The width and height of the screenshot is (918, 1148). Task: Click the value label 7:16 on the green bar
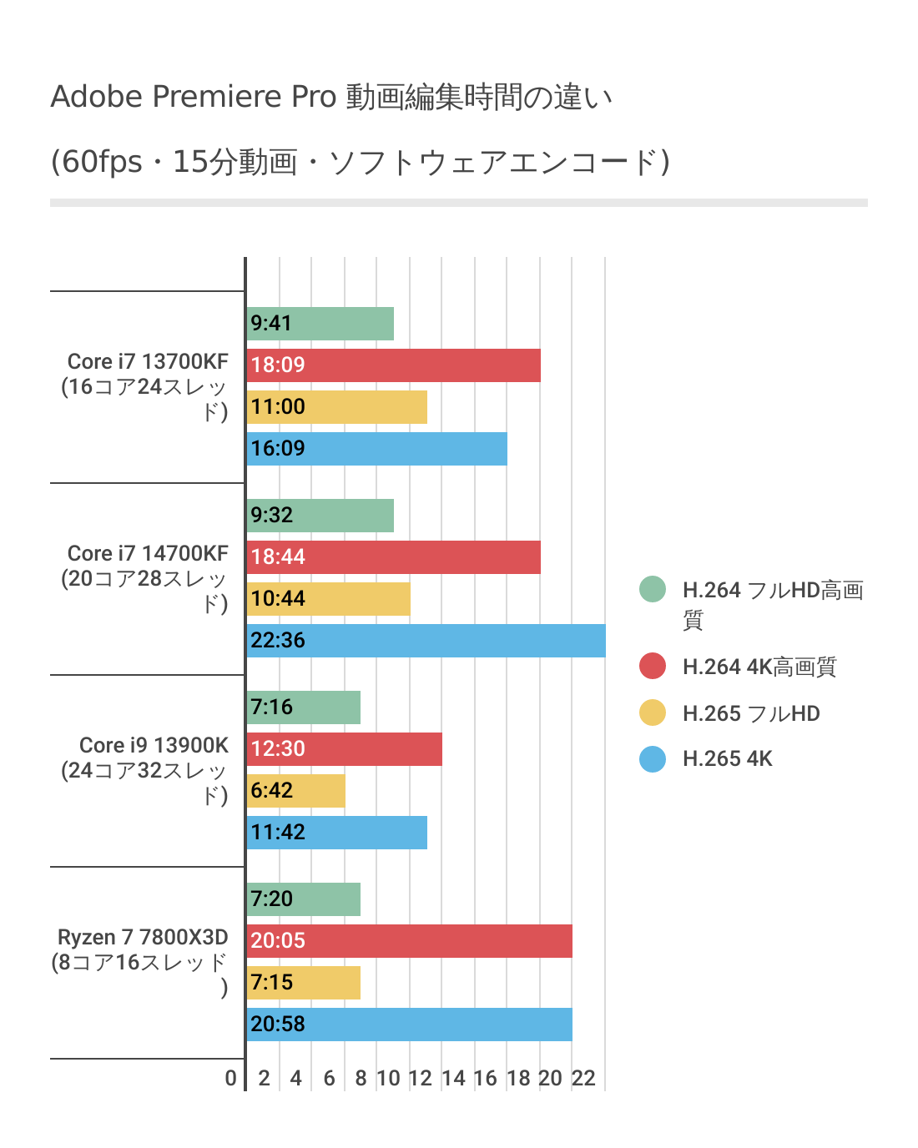point(272,707)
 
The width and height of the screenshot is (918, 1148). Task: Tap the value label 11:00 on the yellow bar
point(278,407)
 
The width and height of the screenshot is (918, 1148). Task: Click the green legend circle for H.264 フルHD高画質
point(653,589)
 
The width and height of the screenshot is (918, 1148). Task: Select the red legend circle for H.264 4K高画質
point(653,666)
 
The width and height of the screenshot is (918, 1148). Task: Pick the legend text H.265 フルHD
point(751,713)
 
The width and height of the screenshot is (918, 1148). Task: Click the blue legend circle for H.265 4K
point(653,759)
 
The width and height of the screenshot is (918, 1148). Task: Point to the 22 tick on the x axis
point(583,1078)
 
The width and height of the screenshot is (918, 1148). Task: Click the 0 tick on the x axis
point(231,1078)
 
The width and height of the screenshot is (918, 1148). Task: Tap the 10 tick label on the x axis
point(388,1078)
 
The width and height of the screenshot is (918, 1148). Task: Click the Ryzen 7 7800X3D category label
point(143,938)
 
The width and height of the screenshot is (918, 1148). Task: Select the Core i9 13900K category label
point(154,746)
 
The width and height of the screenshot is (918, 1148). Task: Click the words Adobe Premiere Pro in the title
point(193,97)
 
